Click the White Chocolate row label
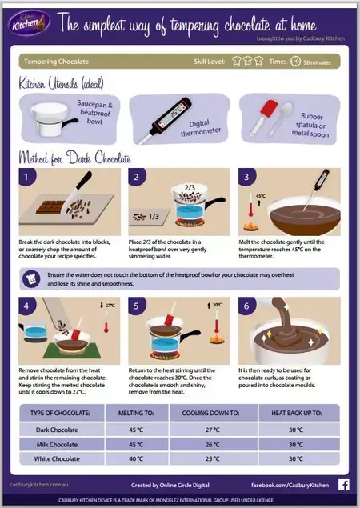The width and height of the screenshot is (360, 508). [58, 458]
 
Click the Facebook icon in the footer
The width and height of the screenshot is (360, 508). [343, 484]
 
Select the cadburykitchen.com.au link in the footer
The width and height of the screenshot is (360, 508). [40, 485]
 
